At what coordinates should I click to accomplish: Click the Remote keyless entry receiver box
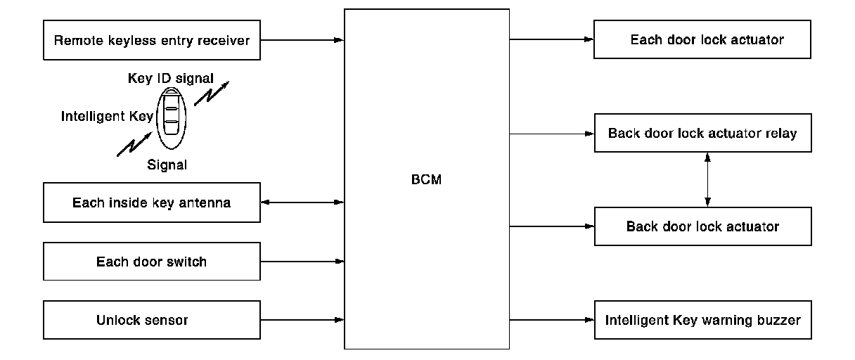[152, 40]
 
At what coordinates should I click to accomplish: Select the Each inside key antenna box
[152, 203]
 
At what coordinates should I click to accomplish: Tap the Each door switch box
[152, 262]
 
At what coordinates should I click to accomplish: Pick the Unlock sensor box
[152, 321]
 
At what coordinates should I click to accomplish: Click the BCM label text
[427, 179]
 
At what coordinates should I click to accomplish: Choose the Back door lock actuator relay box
[702, 133]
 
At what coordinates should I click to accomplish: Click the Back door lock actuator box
[702, 226]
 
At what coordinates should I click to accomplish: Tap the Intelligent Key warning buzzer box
[702, 321]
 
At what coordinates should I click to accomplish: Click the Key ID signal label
[170, 78]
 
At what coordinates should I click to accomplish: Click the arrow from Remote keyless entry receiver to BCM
[302, 40]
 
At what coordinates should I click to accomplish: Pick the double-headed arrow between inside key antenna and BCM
[302, 203]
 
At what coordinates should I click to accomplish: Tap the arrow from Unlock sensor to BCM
[302, 321]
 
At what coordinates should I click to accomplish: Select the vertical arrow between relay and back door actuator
[707, 179]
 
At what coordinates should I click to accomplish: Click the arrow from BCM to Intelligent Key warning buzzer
[552, 321]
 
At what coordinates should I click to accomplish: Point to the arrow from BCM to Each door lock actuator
[552, 39]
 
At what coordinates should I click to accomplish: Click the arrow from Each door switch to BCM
[302, 262]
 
